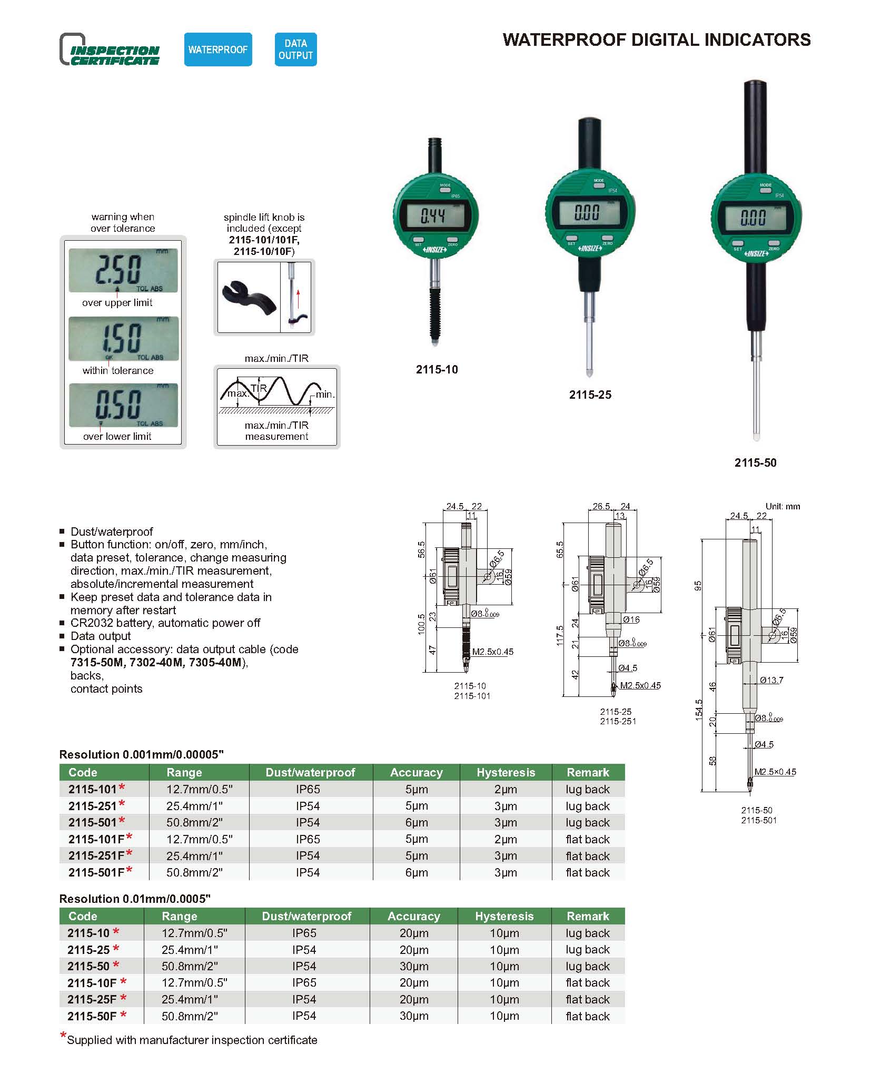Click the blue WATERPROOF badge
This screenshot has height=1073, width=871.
217,50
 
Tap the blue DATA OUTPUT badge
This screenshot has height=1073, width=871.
295,50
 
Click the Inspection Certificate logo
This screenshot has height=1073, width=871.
110,50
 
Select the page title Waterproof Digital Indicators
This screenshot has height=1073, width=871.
656,40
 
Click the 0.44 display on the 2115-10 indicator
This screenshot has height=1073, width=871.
432,215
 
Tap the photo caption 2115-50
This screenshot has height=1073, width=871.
755,462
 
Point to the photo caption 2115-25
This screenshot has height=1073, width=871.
590,395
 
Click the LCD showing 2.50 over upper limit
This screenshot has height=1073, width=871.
123,270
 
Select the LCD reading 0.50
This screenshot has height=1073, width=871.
123,405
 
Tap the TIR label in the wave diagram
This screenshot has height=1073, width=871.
259,388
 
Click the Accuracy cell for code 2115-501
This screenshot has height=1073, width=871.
416,822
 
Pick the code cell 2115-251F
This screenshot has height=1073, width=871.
96,855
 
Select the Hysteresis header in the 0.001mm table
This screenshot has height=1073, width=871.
506,772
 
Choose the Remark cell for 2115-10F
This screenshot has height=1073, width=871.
587,982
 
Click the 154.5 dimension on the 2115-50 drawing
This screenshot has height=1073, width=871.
699,710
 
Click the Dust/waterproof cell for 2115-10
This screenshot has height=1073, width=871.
304,933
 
